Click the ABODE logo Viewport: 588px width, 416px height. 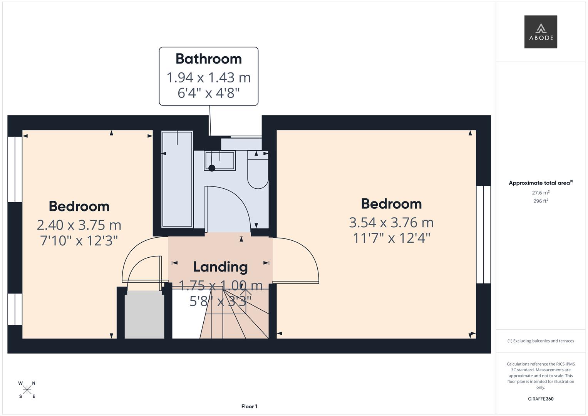point(540,32)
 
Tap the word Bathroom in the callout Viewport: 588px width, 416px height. point(209,59)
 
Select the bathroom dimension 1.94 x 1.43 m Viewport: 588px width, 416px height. point(209,77)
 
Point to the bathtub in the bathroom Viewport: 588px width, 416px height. point(178,179)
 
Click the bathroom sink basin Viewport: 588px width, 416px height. point(220,161)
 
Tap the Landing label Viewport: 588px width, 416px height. point(220,267)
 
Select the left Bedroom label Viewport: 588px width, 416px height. point(79,206)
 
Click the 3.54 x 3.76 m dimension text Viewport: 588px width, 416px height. point(391,223)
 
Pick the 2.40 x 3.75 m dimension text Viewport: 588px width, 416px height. point(79,225)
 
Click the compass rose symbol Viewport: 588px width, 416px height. point(27,390)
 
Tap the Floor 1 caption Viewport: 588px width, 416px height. point(249,406)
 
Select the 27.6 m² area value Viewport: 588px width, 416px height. point(541,193)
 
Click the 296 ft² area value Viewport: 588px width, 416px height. point(541,201)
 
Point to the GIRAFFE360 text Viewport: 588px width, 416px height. point(541,399)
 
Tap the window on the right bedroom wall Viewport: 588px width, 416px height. point(483,235)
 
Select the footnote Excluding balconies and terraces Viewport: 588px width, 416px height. point(541,341)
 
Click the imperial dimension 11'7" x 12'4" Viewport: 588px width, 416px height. point(391,238)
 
